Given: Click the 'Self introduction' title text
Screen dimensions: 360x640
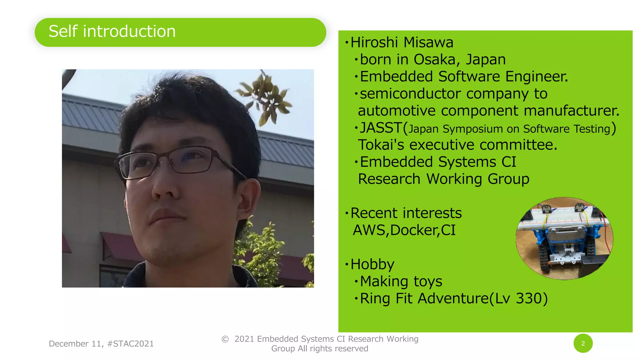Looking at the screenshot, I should point(112,32).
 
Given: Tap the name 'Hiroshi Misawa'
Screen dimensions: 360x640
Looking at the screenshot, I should point(402,42).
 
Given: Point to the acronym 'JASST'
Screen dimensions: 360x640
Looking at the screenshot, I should point(380,128).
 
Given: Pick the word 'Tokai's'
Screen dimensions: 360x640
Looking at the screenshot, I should point(381,145).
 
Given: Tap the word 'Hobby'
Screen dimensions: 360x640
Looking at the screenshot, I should point(372,264).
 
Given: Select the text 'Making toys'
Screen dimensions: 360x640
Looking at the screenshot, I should point(401,281).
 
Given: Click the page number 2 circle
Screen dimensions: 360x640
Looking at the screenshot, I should point(583,343).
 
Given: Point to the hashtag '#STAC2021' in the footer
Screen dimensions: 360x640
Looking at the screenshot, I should point(130,344).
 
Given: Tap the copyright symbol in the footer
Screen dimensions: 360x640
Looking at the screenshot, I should point(225,339).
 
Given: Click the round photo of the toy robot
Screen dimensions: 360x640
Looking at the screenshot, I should point(564,238).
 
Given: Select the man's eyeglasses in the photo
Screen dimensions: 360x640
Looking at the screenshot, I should point(175,162).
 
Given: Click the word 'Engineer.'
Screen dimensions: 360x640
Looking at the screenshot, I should point(536,77).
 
